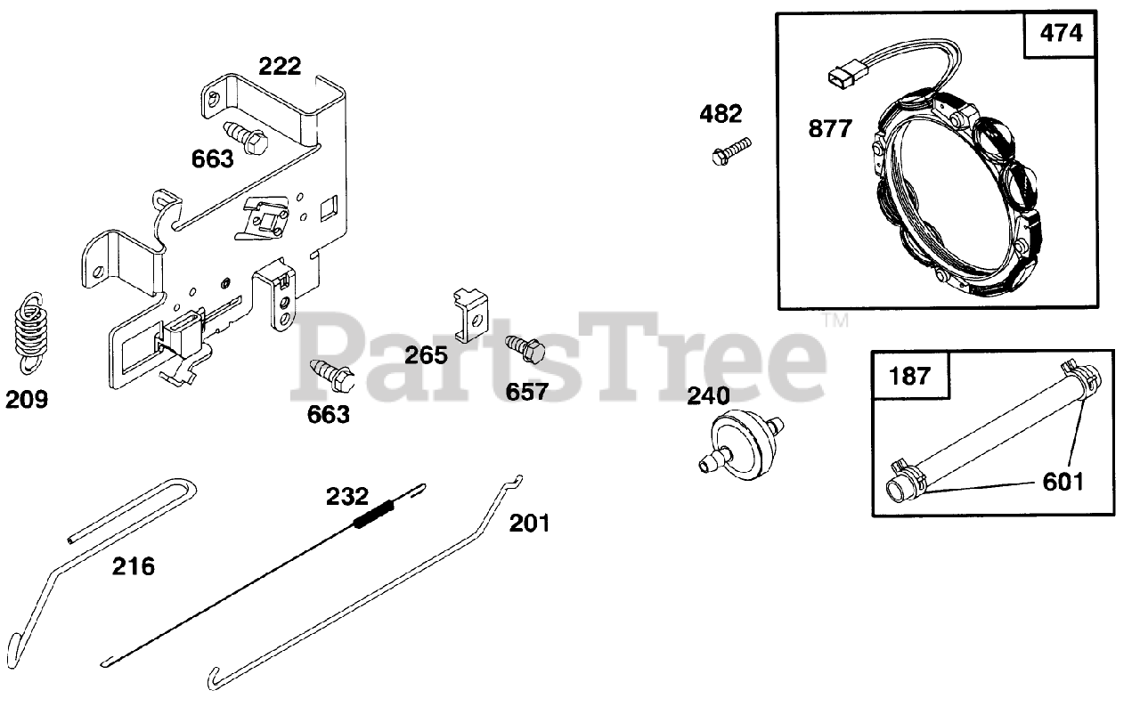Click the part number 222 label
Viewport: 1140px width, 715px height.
point(280,66)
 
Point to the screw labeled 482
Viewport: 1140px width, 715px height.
point(731,150)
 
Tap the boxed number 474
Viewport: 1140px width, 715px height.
point(1061,35)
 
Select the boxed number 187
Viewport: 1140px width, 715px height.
point(909,375)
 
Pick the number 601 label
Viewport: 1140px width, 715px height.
point(1063,482)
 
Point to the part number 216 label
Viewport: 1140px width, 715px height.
point(133,565)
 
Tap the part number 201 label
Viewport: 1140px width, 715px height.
point(529,523)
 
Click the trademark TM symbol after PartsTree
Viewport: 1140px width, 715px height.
point(835,320)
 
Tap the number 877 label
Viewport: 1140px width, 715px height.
point(830,128)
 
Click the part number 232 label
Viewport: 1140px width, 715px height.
point(346,496)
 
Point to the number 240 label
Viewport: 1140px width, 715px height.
point(708,395)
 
